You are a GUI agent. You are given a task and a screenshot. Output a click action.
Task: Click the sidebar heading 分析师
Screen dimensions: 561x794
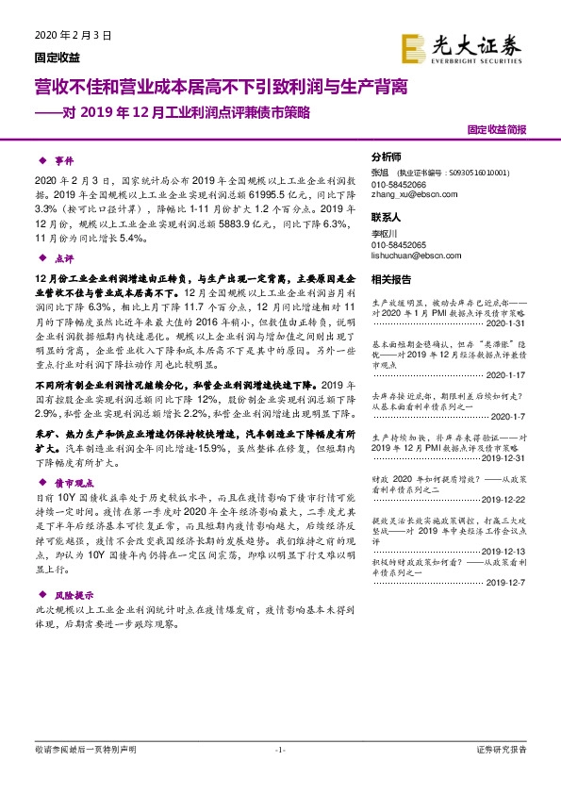[x=386, y=157]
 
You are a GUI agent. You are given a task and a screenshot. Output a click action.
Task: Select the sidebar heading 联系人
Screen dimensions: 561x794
[x=386, y=216]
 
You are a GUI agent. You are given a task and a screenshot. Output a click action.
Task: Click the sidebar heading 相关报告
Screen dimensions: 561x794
[x=391, y=279]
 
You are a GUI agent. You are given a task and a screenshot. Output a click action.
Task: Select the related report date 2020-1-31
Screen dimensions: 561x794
[x=504, y=322]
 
